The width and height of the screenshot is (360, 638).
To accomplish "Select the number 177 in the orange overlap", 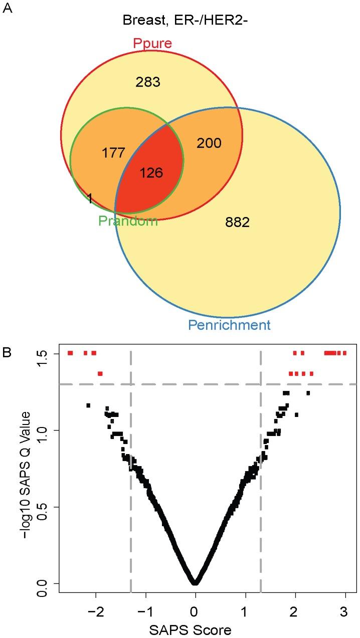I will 113,153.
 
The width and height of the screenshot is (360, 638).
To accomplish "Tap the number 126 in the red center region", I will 151,173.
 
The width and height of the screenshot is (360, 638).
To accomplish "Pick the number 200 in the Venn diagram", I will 209,143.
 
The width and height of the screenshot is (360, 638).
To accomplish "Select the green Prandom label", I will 128,221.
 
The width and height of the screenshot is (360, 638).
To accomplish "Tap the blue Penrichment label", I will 229,325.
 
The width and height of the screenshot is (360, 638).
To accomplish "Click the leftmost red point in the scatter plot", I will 70,353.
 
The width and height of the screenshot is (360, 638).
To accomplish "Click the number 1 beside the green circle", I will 90,198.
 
